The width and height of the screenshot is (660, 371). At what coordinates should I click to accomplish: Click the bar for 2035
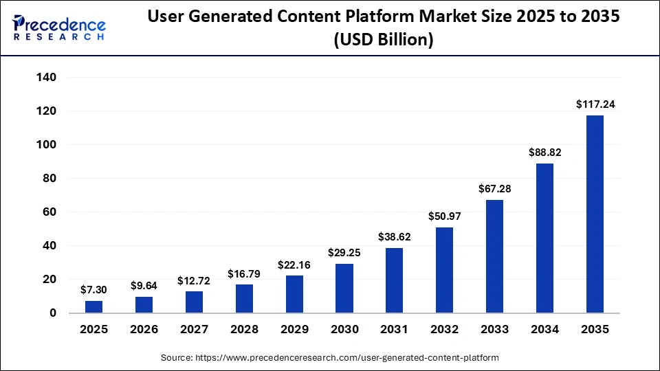pyautogui.click(x=595, y=214)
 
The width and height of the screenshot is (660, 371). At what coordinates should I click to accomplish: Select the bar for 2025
pyautogui.click(x=94, y=307)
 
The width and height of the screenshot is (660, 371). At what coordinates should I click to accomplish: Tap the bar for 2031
pyautogui.click(x=395, y=280)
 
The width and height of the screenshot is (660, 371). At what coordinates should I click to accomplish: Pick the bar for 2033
pyautogui.click(x=494, y=256)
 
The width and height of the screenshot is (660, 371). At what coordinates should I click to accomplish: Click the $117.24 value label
pyautogui.click(x=595, y=104)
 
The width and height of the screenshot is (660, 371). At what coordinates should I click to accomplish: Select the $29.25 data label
pyautogui.click(x=344, y=253)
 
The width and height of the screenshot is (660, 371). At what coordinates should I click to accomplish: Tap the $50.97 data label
pyautogui.click(x=445, y=216)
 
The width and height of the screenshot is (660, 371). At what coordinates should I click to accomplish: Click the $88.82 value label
pyautogui.click(x=544, y=153)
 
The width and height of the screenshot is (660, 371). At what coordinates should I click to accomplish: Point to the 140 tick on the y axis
pyautogui.click(x=46, y=78)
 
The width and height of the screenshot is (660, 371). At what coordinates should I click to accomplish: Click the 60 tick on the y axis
pyautogui.click(x=49, y=212)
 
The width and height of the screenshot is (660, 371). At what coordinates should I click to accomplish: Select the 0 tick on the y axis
pyautogui.click(x=53, y=313)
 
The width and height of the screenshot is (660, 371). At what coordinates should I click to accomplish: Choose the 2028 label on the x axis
pyautogui.click(x=244, y=329)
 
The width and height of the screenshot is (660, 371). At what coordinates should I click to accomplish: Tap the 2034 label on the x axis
pyautogui.click(x=544, y=329)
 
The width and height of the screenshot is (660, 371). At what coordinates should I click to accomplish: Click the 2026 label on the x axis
pyautogui.click(x=144, y=329)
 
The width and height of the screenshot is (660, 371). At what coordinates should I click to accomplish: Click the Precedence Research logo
pyautogui.click(x=59, y=28)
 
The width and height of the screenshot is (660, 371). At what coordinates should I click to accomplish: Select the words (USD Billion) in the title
pyautogui.click(x=384, y=41)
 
